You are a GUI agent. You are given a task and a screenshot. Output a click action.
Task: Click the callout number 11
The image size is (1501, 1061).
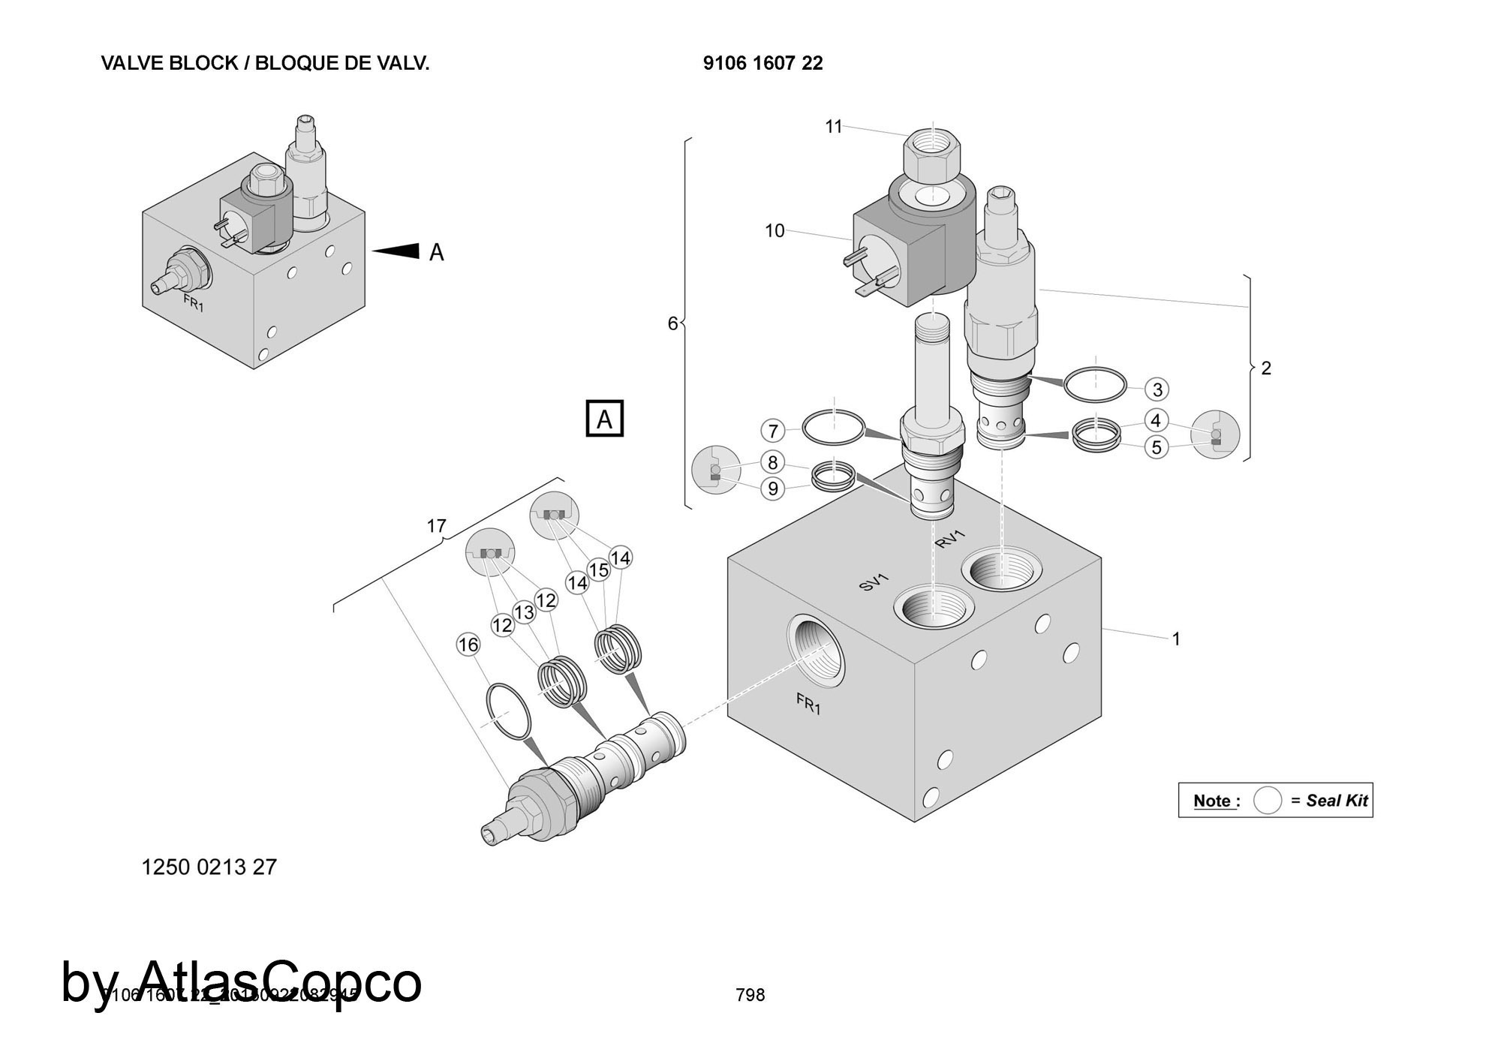(x=834, y=127)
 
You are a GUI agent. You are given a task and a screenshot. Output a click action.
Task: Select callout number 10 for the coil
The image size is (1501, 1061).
(x=775, y=230)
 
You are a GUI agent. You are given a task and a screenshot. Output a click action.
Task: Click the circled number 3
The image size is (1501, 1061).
(x=1157, y=389)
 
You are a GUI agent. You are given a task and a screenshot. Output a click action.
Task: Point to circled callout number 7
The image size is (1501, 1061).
(x=773, y=431)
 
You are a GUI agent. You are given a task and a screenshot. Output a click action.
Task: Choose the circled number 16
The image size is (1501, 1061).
(x=468, y=645)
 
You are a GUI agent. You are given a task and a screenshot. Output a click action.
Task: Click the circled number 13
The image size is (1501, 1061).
(x=524, y=612)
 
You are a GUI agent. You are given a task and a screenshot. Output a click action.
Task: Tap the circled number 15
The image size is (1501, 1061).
(x=598, y=570)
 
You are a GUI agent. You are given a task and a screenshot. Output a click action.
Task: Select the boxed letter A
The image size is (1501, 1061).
(x=604, y=419)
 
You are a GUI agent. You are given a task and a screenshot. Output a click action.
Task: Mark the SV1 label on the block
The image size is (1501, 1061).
(x=874, y=582)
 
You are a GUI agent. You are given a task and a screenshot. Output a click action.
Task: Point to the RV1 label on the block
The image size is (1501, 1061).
(x=950, y=539)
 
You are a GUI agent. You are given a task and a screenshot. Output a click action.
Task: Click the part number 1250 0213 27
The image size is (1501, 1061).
(x=209, y=867)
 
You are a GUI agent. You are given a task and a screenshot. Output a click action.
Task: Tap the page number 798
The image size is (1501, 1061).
(x=750, y=995)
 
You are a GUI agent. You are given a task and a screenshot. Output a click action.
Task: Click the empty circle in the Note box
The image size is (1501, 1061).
(x=1268, y=800)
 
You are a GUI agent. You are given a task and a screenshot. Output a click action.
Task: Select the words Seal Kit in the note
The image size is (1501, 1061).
(x=1337, y=801)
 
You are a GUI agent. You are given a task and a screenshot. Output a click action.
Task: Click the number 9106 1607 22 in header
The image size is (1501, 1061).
(x=763, y=63)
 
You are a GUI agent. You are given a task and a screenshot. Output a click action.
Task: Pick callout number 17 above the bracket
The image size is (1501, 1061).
(x=437, y=526)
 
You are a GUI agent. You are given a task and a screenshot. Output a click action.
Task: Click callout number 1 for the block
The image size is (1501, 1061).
(x=1176, y=639)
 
